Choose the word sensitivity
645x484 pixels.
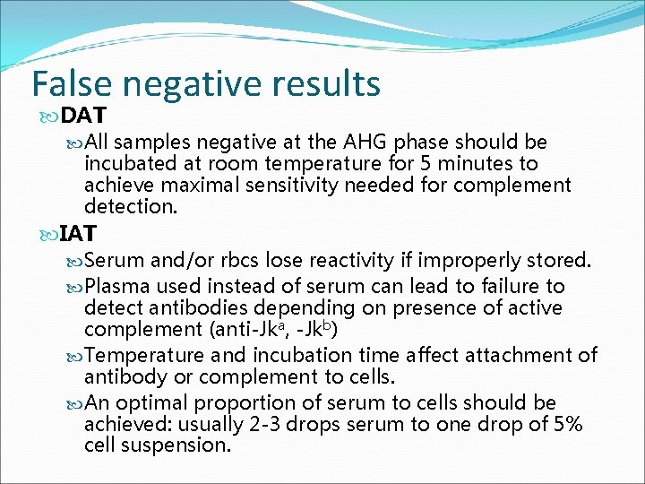[279, 186]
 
